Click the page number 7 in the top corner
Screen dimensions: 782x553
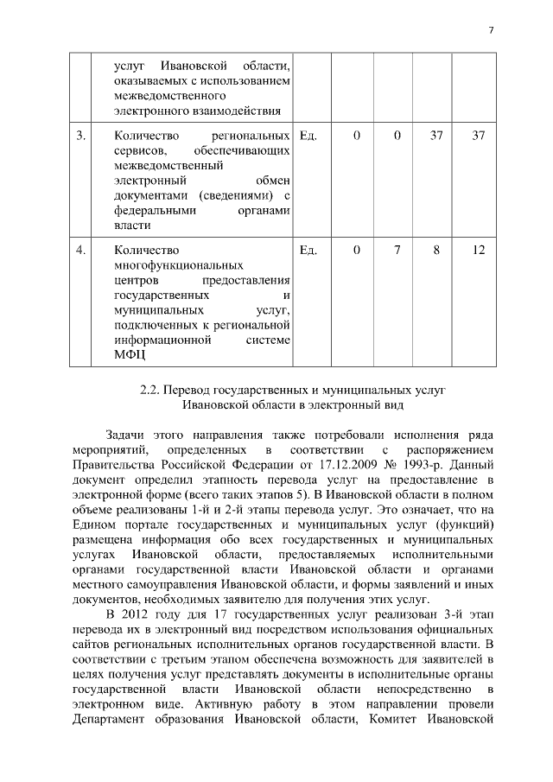pos(490,30)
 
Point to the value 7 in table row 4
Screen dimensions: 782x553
pos(397,250)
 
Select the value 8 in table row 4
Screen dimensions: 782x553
pos(437,250)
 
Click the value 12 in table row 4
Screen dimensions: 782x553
pos(478,250)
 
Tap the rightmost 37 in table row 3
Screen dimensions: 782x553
pos(478,136)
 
